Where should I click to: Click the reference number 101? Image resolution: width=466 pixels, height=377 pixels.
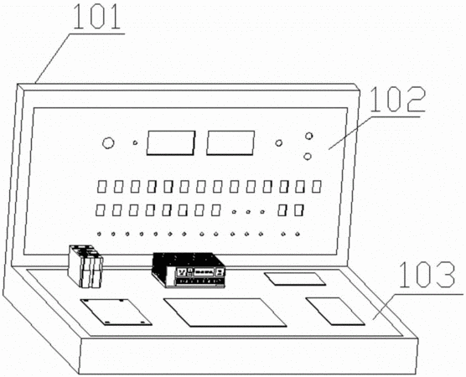[x=97, y=17]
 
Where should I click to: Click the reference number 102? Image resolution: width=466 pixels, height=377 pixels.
[x=397, y=100]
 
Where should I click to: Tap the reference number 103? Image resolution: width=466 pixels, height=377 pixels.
[x=427, y=275]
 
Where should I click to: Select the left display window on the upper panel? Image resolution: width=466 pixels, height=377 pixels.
[x=171, y=143]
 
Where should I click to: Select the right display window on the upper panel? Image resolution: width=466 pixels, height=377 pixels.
[x=230, y=143]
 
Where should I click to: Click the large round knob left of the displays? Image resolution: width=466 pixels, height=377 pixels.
[x=108, y=143]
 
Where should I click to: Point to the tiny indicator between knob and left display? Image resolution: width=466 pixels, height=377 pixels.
[x=135, y=143]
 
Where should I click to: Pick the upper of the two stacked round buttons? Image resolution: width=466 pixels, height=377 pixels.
[x=309, y=136]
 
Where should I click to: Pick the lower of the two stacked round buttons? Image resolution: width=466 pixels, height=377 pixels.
[x=308, y=156]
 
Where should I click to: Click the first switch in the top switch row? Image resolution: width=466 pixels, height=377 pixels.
[x=101, y=187]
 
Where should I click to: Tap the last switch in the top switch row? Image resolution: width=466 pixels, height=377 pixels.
[x=317, y=187]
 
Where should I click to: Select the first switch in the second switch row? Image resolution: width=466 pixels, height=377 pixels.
[x=100, y=210]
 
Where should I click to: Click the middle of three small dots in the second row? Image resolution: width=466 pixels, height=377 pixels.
[x=248, y=212]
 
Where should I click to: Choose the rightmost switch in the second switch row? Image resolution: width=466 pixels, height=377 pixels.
[x=298, y=210]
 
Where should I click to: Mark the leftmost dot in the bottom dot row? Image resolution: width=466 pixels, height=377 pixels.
[x=99, y=234]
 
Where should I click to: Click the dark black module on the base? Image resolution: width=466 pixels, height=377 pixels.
[x=189, y=270]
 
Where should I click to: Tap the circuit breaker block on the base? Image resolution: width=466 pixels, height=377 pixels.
[x=85, y=266]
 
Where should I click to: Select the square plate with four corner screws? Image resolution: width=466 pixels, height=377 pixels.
[x=116, y=312]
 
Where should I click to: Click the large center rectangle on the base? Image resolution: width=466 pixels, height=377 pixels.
[x=225, y=312]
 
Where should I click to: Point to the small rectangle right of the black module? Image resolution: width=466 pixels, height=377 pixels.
[x=295, y=279]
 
